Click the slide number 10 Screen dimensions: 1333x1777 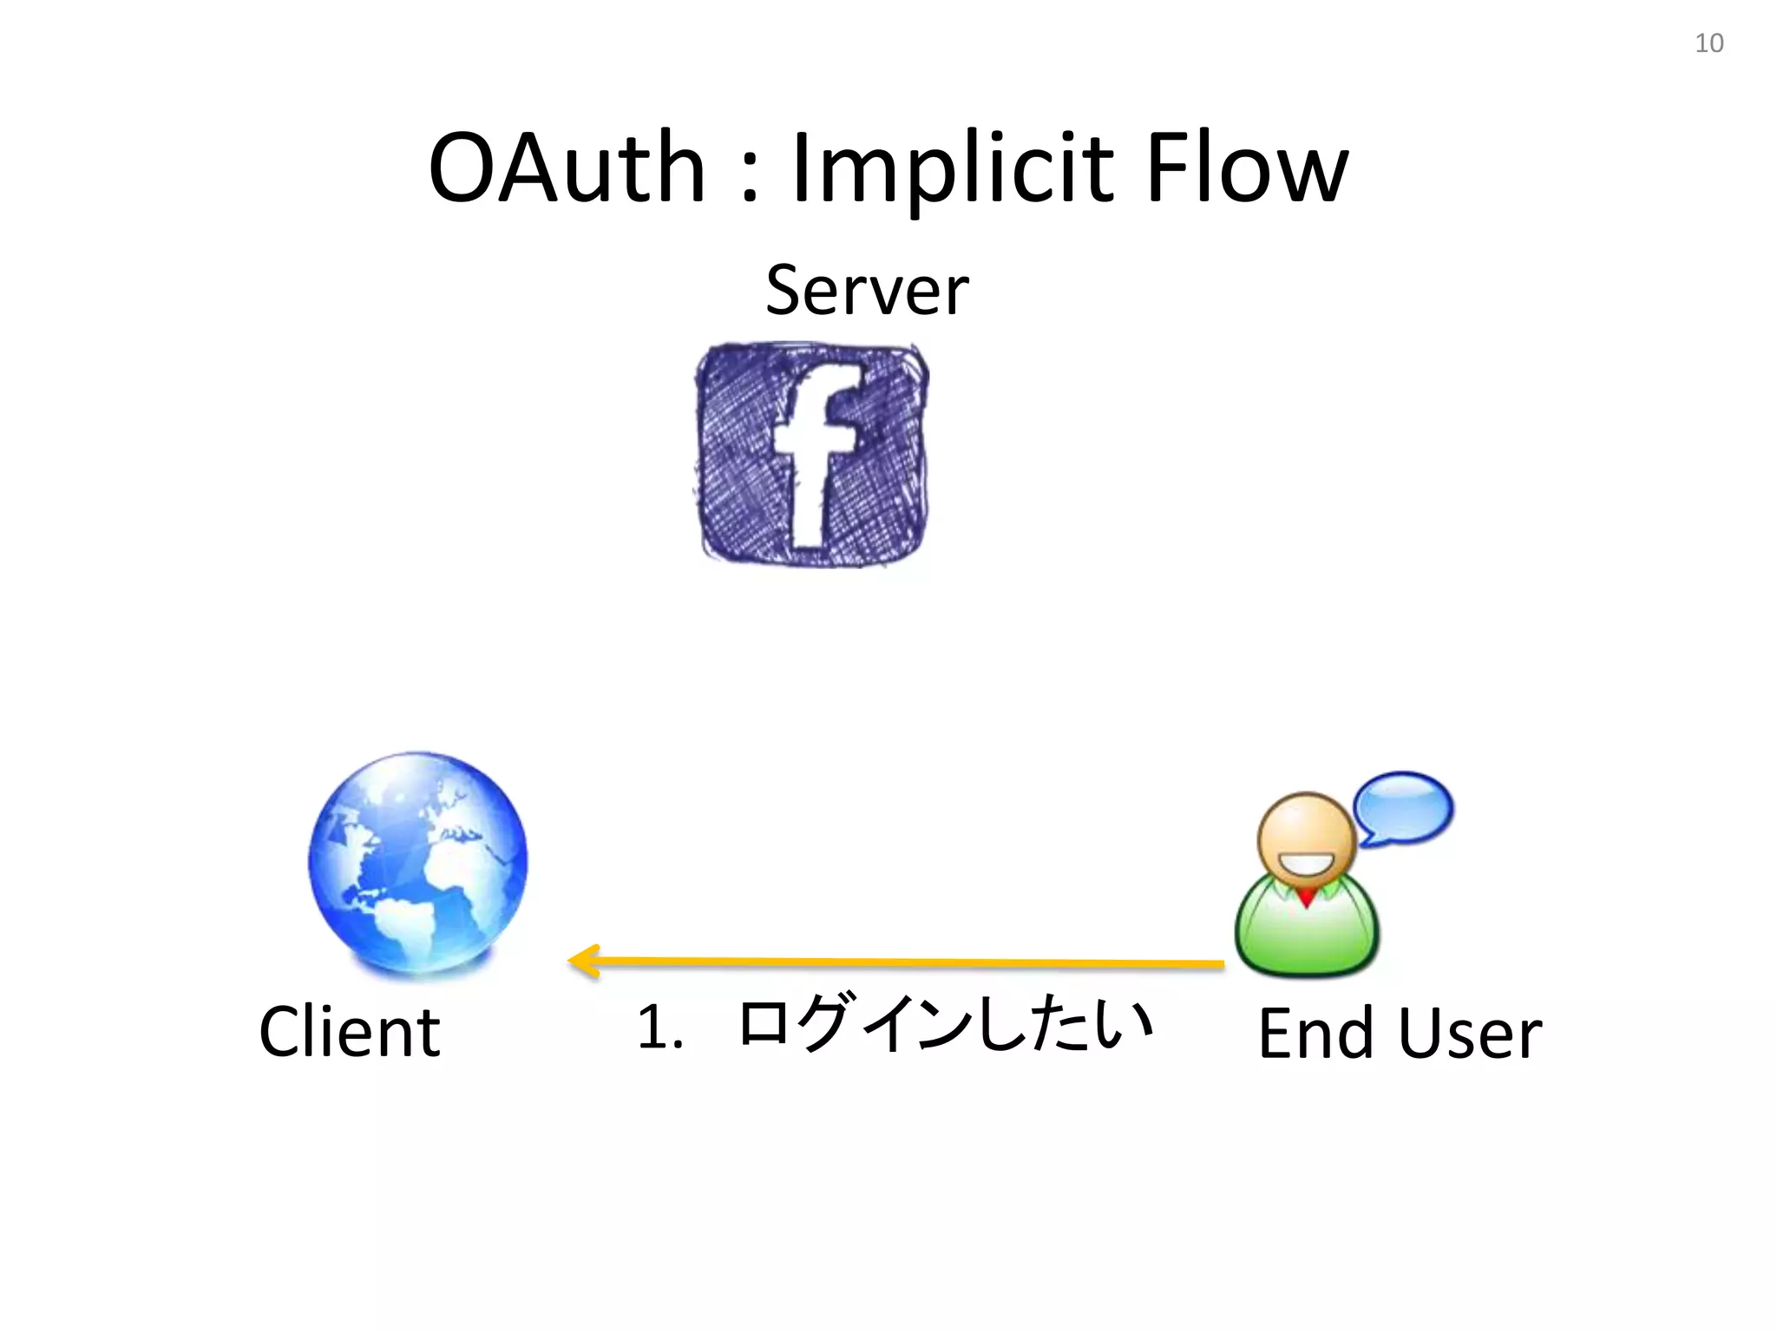pos(1708,43)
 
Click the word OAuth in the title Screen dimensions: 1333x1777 pos(567,167)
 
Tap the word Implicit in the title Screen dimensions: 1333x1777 pos(952,169)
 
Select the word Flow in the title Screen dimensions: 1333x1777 pos(1247,167)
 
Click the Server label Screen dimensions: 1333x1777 pos(867,290)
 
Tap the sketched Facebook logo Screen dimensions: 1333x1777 pos(811,454)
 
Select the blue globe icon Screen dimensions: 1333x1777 pos(418,862)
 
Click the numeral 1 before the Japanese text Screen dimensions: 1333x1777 pos(652,1027)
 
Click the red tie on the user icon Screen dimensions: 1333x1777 pos(1306,896)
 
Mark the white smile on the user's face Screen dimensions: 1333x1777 pos(1306,863)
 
